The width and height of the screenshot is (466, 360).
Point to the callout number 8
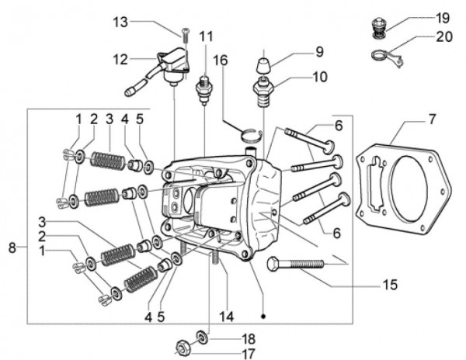click(12, 248)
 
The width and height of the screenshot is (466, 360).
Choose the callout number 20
click(443, 36)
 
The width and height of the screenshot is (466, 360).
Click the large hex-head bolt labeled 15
click(296, 265)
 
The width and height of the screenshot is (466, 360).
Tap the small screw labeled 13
click(186, 32)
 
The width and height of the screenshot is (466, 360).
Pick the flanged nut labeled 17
click(186, 347)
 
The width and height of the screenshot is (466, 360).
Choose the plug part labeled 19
click(379, 25)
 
